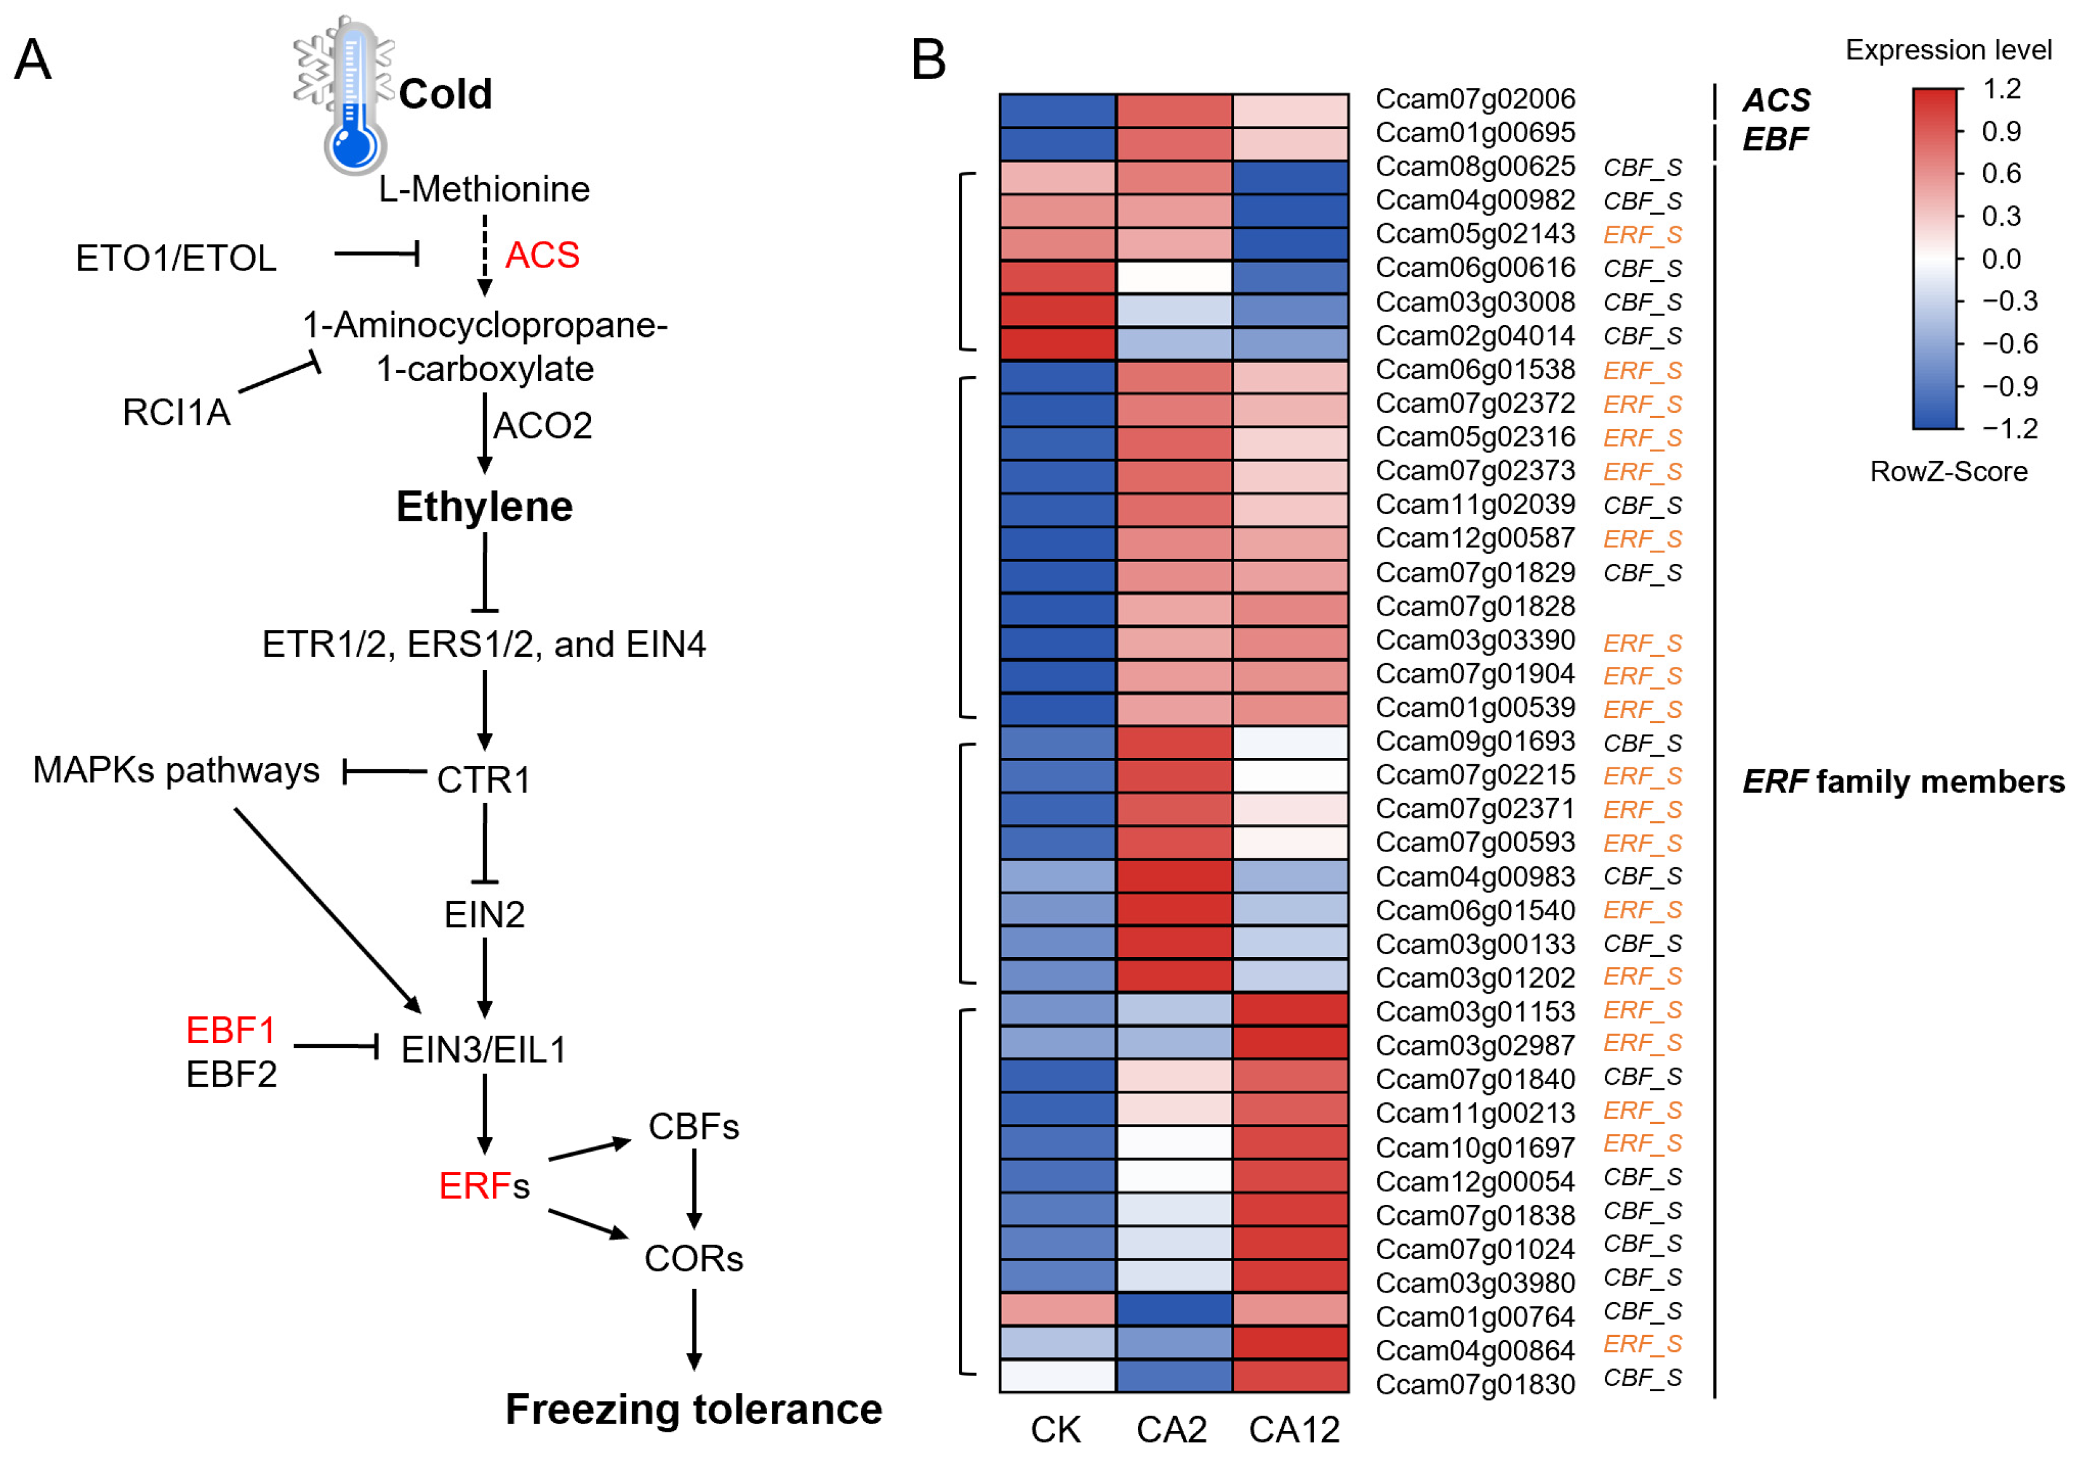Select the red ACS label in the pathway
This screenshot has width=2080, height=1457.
542,255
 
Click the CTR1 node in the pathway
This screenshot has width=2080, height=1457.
483,779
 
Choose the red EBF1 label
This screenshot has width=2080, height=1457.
230,1030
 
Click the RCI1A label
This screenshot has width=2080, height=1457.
176,412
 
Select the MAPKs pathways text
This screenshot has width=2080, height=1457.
176,771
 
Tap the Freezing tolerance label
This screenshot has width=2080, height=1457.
693,1409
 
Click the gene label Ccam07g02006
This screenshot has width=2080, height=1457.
1475,99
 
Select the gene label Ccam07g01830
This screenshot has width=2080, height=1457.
1475,1384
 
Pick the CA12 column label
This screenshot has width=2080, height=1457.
1293,1430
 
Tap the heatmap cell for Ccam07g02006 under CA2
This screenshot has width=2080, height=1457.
1174,111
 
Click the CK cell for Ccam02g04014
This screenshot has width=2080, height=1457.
1057,344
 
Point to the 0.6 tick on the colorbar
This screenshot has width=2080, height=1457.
2000,173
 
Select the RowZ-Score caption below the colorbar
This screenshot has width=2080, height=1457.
1948,472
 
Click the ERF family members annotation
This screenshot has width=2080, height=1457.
1902,781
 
